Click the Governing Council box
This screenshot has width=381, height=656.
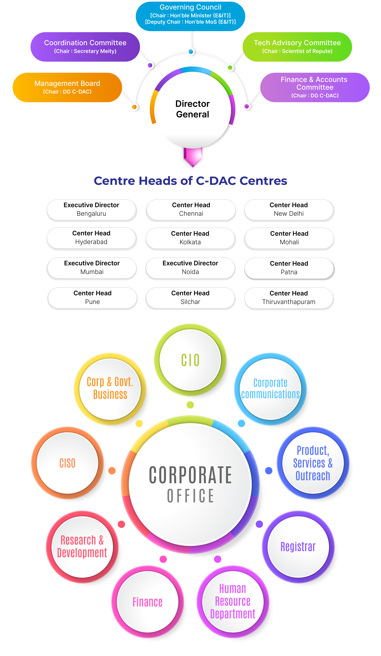[190, 16]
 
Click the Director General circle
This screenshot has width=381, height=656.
[192, 109]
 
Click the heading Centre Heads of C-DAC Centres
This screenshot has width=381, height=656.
[190, 181]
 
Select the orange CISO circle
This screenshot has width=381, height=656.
[67, 463]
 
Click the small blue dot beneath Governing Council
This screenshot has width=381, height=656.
[191, 52]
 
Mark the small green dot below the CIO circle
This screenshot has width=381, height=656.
[190, 405]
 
